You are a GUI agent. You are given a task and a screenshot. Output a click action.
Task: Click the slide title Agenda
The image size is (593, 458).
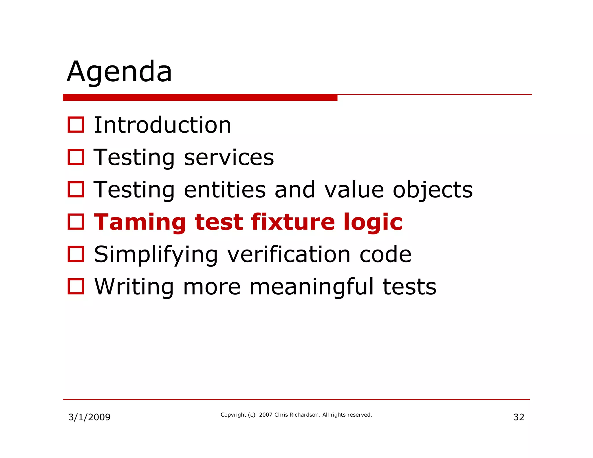tap(120, 72)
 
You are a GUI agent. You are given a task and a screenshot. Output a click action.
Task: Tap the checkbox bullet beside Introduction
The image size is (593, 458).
tap(76, 125)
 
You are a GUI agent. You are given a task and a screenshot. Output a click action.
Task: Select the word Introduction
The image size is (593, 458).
tap(162, 125)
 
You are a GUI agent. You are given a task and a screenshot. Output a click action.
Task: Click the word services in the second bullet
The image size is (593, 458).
tap(229, 157)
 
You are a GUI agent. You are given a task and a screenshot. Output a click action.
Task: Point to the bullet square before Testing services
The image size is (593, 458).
tap(76, 157)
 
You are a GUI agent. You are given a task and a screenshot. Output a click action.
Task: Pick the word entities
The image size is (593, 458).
tap(225, 190)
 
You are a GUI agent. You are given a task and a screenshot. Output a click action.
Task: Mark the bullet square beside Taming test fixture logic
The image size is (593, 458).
tap(76, 222)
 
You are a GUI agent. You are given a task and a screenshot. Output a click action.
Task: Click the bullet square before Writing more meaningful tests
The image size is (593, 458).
tap(76, 286)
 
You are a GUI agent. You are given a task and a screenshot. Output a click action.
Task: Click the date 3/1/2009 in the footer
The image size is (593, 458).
tap(89, 417)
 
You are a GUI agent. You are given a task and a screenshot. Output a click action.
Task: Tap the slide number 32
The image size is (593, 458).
tap(519, 417)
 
